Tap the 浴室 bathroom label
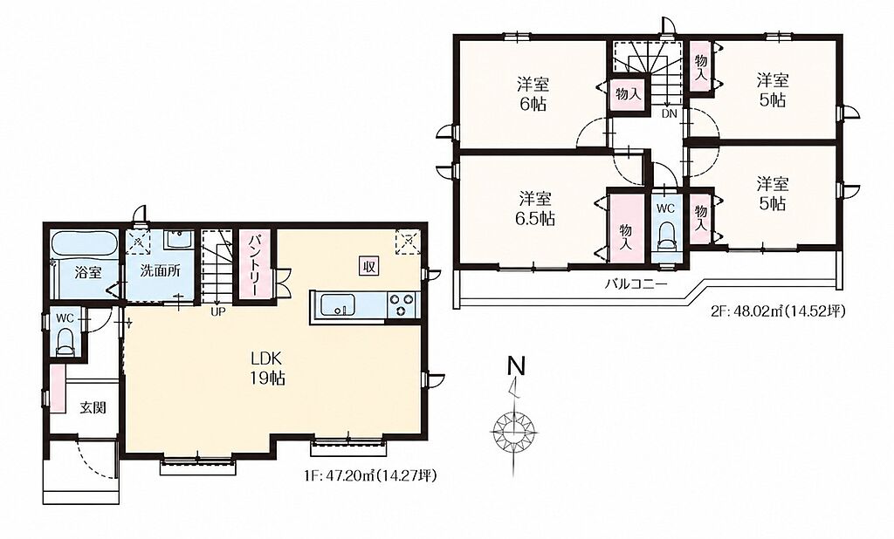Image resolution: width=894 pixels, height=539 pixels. coord(88,272)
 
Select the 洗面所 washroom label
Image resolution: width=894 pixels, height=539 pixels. coord(161,270)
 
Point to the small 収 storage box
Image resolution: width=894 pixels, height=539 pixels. coord(369,265)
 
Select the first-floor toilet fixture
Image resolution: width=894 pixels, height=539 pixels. coord(65,342)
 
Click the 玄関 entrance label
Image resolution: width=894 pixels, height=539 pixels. coord(93,408)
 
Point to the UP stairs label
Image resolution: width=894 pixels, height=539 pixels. coord(217,311)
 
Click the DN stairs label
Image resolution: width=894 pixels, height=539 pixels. coord(669,113)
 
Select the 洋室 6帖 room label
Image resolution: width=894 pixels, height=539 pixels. coord(533,94)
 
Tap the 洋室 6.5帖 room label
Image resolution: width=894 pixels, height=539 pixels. coord(534,208)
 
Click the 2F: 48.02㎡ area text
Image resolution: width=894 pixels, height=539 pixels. coord(778,311)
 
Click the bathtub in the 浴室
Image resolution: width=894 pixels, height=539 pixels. coord(85,245)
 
